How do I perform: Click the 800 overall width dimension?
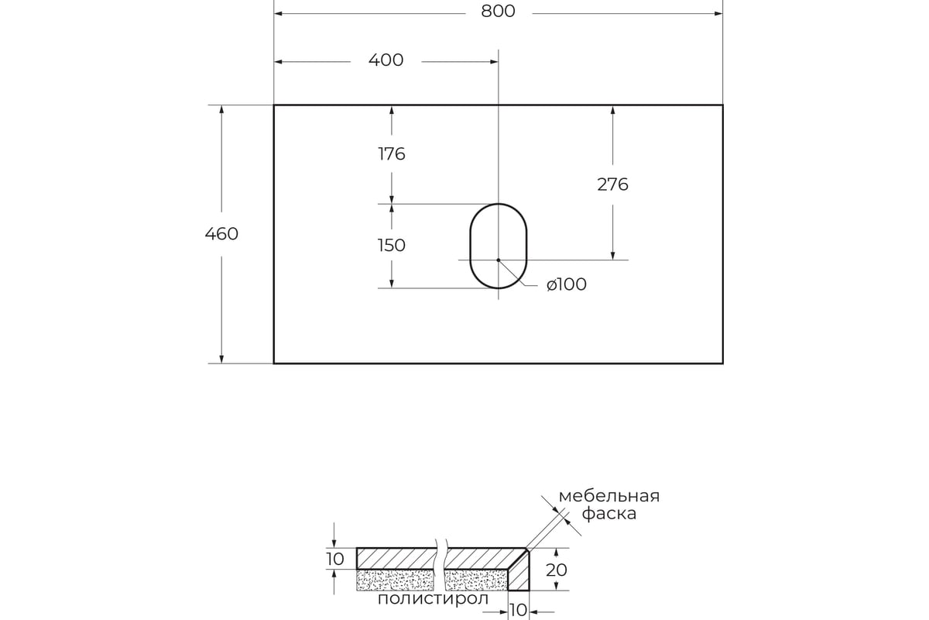click(498, 11)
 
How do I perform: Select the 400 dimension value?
click(386, 60)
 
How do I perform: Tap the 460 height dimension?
click(222, 233)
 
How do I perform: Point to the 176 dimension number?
click(392, 153)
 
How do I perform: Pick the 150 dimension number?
click(392, 246)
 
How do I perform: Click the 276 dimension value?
click(612, 184)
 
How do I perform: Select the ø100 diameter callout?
click(566, 284)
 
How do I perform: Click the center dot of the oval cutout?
click(499, 260)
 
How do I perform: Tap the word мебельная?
click(608, 496)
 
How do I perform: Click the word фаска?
click(608, 514)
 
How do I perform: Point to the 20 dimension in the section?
click(557, 570)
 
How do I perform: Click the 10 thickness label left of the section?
click(334, 558)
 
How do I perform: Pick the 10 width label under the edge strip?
click(518, 610)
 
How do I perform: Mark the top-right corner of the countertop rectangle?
click(722, 105)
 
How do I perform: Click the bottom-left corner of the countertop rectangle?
click(274, 363)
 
